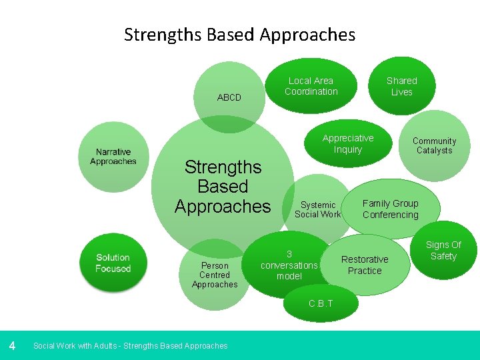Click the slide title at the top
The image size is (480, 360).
point(239,35)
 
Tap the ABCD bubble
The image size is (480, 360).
point(229,93)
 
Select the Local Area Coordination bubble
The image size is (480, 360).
point(311,87)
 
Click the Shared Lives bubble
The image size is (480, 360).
point(401,87)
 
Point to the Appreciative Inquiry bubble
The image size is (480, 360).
point(348,144)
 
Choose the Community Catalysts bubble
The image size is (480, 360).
point(434,146)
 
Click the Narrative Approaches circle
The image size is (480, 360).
point(113,157)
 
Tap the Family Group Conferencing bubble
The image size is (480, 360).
point(391,209)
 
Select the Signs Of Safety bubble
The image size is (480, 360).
point(443,251)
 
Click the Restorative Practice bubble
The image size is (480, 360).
point(365,265)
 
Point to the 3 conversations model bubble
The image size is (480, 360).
point(289,265)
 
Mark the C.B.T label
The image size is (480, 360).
point(321,304)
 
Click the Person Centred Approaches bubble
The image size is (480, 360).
point(215,275)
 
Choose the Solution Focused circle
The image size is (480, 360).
point(113,263)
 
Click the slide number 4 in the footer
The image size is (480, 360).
point(12,345)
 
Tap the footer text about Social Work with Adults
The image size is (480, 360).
point(130,346)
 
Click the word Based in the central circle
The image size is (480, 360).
point(223,187)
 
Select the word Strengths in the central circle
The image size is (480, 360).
point(223,167)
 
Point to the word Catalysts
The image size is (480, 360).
point(434,151)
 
